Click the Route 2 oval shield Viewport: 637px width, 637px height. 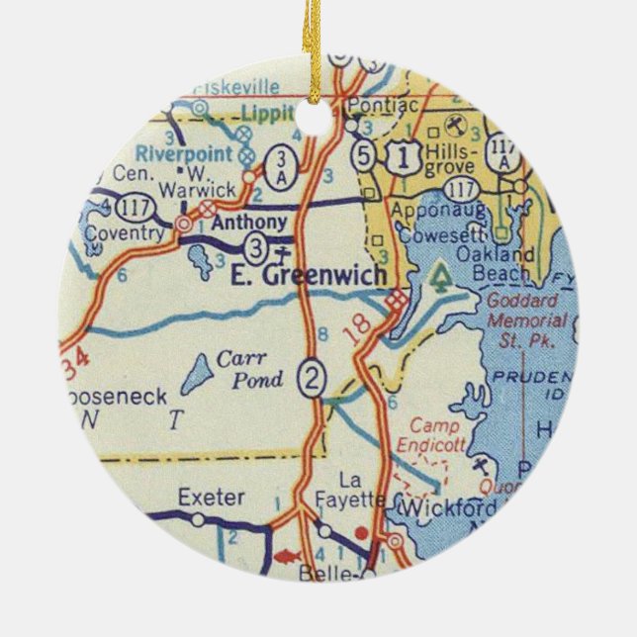coord(314,377)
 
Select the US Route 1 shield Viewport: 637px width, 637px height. coord(400,154)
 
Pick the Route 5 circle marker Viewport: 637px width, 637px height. coord(365,155)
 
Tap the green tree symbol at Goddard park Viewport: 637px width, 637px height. coord(439,278)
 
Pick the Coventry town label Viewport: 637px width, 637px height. coord(124,233)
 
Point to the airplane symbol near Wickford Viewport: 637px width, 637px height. coord(482,465)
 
